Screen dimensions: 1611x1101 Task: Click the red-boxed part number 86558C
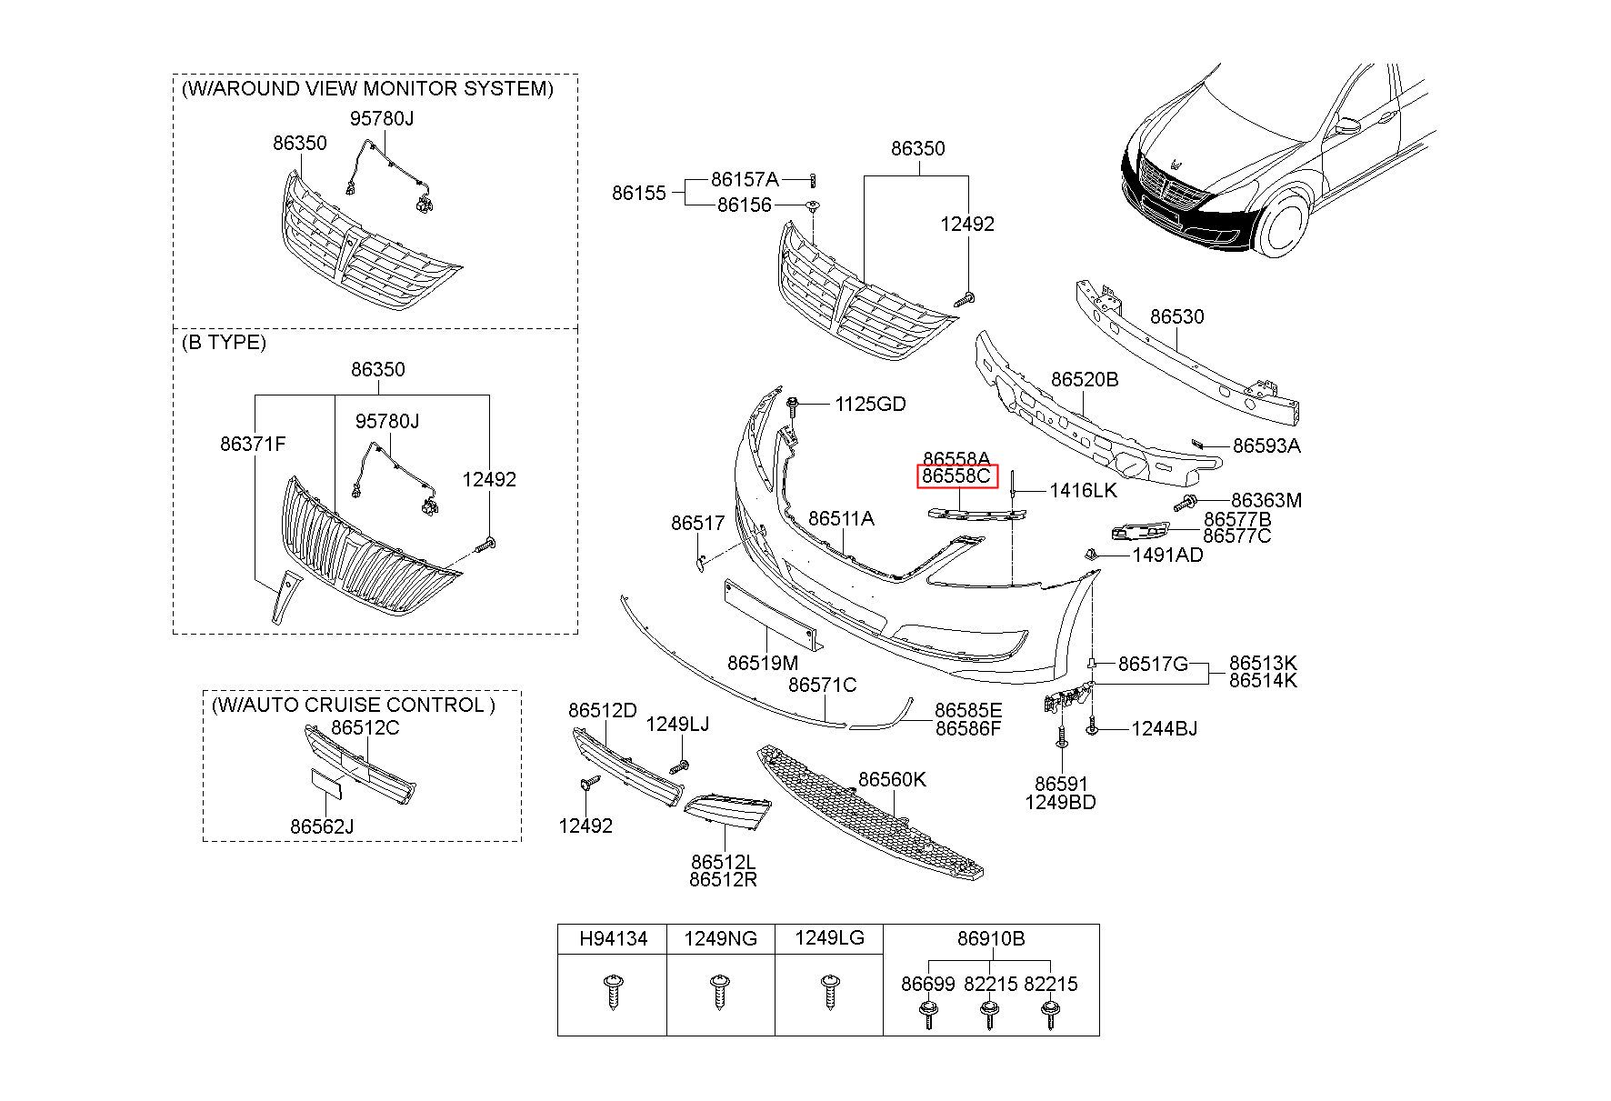coord(956,476)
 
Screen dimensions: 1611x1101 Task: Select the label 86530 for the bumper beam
coord(1176,316)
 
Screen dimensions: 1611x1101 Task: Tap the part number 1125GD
coord(870,404)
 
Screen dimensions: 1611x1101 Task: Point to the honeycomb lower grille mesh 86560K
coord(871,812)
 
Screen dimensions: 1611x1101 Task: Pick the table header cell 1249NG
coord(720,938)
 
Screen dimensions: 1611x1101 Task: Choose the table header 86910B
coord(990,938)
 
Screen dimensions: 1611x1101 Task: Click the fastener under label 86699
coord(928,1014)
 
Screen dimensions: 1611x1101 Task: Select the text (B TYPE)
coord(224,342)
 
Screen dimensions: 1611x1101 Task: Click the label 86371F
coord(253,444)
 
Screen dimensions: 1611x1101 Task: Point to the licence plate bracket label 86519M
coord(763,662)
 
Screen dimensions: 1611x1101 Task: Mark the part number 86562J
coord(322,826)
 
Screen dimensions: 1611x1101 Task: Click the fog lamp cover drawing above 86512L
coord(727,812)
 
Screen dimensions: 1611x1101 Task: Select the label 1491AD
coord(1167,555)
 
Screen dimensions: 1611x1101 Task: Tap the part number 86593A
coord(1266,445)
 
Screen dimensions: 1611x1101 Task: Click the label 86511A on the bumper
coord(841,518)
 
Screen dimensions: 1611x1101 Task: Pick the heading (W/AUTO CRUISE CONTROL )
coord(354,705)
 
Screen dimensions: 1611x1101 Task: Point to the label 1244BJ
coord(1164,728)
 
